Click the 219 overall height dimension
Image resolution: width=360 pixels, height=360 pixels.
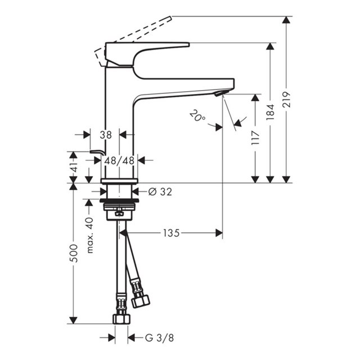coord(286,100)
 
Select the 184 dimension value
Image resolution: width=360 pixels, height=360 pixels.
coord(271,112)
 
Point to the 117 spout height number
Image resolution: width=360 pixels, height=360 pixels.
coord(255,138)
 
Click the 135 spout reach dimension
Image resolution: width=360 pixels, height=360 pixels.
coord(171,233)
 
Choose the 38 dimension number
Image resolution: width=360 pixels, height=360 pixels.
coord(106,135)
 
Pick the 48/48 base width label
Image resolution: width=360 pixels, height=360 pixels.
coord(119,161)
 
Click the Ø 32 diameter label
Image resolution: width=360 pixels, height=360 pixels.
coord(160,192)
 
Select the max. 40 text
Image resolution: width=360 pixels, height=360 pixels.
coord(90,235)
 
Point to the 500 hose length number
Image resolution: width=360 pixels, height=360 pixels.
coord(74,254)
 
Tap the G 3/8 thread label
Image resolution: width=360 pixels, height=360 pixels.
coord(160,337)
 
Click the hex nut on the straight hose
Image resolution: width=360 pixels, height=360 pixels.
coord(121,319)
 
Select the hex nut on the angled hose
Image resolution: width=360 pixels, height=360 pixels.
coord(141,301)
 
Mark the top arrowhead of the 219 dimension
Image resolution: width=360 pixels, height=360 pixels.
coord(286,20)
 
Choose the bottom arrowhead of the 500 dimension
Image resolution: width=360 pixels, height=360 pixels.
coord(74,320)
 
